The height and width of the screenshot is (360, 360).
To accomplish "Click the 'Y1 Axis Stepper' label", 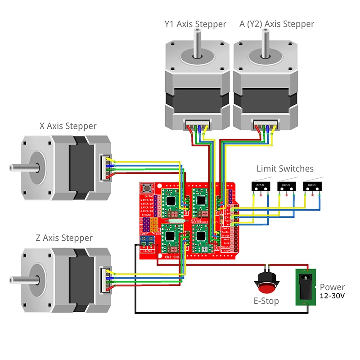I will (x=195, y=24).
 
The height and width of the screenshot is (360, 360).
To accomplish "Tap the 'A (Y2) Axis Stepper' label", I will (x=277, y=24).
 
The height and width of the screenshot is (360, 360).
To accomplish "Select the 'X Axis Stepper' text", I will (x=68, y=126).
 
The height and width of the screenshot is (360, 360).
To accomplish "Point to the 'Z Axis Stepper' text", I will (x=64, y=238).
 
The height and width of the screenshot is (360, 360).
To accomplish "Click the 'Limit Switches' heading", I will (x=285, y=169).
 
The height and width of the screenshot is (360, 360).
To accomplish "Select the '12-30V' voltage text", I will (x=333, y=297).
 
